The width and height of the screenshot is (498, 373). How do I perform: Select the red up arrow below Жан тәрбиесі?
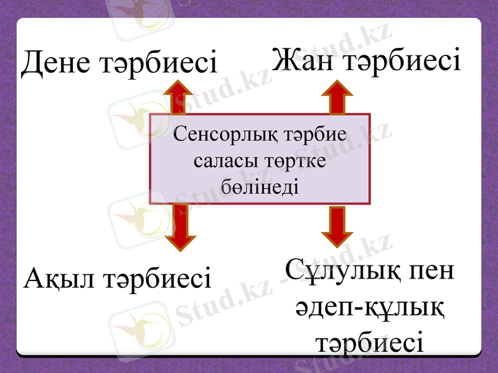click(x=337, y=98)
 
